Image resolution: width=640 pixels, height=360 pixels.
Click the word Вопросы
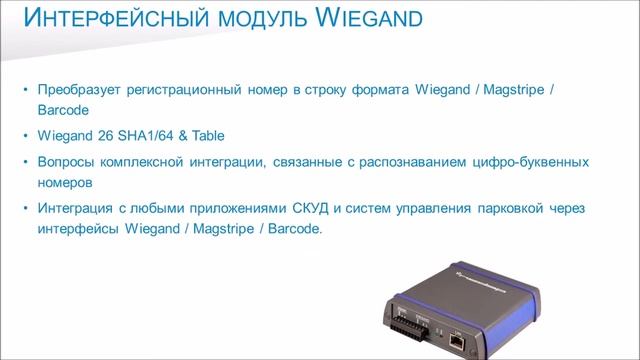coord(65,161)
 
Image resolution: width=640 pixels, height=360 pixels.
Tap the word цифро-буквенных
coord(530,161)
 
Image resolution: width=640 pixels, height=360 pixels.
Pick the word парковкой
coord(505,207)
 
